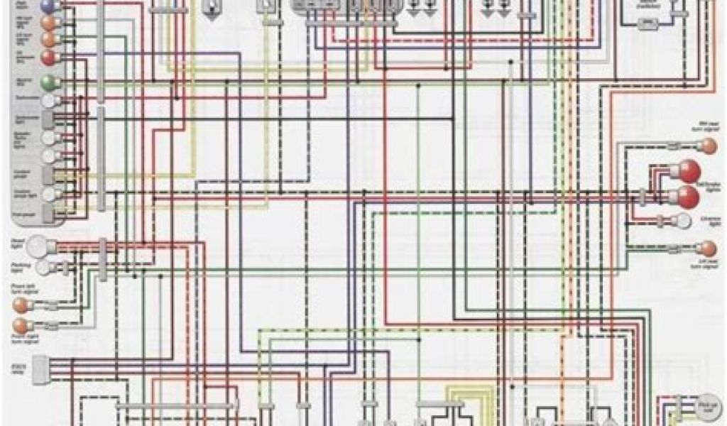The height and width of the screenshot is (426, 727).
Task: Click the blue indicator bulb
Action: point(48,6)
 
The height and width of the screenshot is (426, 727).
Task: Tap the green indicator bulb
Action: point(48,82)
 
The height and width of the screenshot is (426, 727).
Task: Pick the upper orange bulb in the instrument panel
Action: point(48,23)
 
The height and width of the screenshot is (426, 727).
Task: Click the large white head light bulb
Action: point(48,246)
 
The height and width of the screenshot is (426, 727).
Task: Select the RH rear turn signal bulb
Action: point(707,146)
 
